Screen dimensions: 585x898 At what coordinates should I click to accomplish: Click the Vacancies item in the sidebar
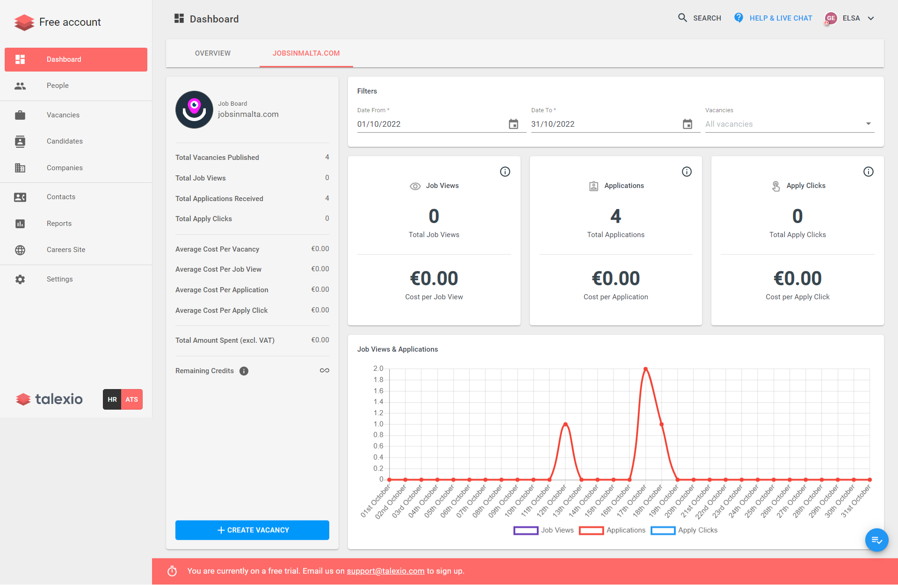click(x=63, y=115)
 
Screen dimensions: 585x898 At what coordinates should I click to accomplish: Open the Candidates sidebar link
click(x=65, y=141)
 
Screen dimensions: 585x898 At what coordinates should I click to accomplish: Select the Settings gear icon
click(x=20, y=279)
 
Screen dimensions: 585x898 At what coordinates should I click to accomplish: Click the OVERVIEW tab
click(x=213, y=53)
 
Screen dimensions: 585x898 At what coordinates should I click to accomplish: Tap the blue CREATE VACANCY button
click(x=252, y=530)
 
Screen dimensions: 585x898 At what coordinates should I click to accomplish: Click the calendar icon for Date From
click(x=514, y=124)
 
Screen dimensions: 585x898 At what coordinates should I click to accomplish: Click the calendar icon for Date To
click(x=688, y=124)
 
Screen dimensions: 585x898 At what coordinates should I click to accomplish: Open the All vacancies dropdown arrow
click(x=868, y=124)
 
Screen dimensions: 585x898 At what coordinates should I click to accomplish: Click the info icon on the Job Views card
click(x=505, y=172)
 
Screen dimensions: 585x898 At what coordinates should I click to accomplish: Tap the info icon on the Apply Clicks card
click(x=869, y=172)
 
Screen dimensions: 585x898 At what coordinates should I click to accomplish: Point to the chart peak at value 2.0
click(x=645, y=369)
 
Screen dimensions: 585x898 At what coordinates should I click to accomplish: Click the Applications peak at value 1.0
click(x=565, y=424)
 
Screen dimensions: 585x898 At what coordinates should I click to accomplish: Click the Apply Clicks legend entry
click(x=697, y=530)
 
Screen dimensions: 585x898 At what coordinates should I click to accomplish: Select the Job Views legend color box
click(x=526, y=530)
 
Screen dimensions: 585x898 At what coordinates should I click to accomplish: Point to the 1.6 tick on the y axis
click(x=378, y=391)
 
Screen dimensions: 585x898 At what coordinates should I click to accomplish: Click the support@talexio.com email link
click(x=385, y=571)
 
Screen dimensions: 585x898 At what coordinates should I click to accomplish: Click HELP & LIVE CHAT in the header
click(x=781, y=18)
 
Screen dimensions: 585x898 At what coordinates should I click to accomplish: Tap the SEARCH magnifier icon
click(x=683, y=18)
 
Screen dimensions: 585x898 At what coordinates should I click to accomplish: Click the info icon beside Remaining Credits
click(x=244, y=371)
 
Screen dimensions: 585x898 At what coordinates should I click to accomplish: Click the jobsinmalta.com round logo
click(x=194, y=109)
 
